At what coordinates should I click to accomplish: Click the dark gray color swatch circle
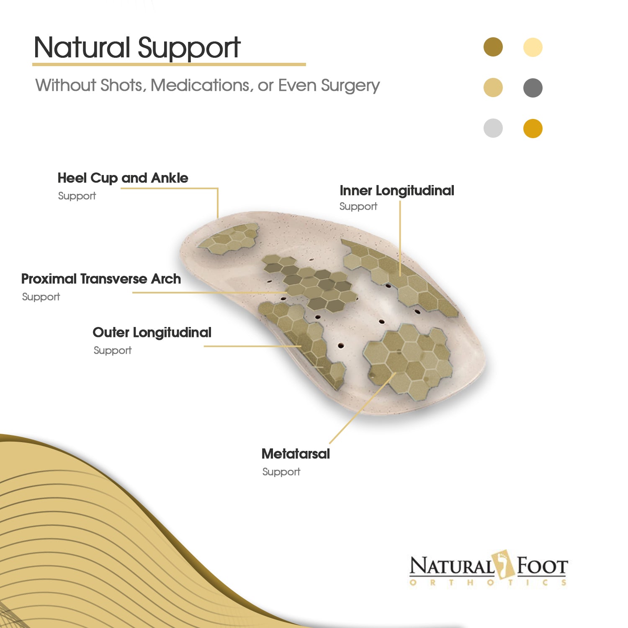533,88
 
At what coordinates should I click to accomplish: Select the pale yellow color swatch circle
533,47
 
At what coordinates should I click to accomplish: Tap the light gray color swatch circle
493,128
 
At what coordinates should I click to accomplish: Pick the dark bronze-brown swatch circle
493,47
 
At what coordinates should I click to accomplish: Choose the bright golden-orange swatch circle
533,128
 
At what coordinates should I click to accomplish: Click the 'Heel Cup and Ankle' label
123,178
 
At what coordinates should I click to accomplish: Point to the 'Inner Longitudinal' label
397,190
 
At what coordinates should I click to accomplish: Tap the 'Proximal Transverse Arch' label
101,279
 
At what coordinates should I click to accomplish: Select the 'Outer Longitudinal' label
152,333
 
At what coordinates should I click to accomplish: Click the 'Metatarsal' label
296,454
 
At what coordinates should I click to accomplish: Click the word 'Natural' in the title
82,47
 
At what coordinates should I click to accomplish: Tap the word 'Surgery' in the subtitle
350,86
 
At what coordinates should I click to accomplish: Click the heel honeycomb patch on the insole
229,237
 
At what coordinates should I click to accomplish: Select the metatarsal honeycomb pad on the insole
408,362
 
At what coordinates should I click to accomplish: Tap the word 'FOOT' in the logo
542,566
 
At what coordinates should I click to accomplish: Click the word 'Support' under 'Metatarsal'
281,472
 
